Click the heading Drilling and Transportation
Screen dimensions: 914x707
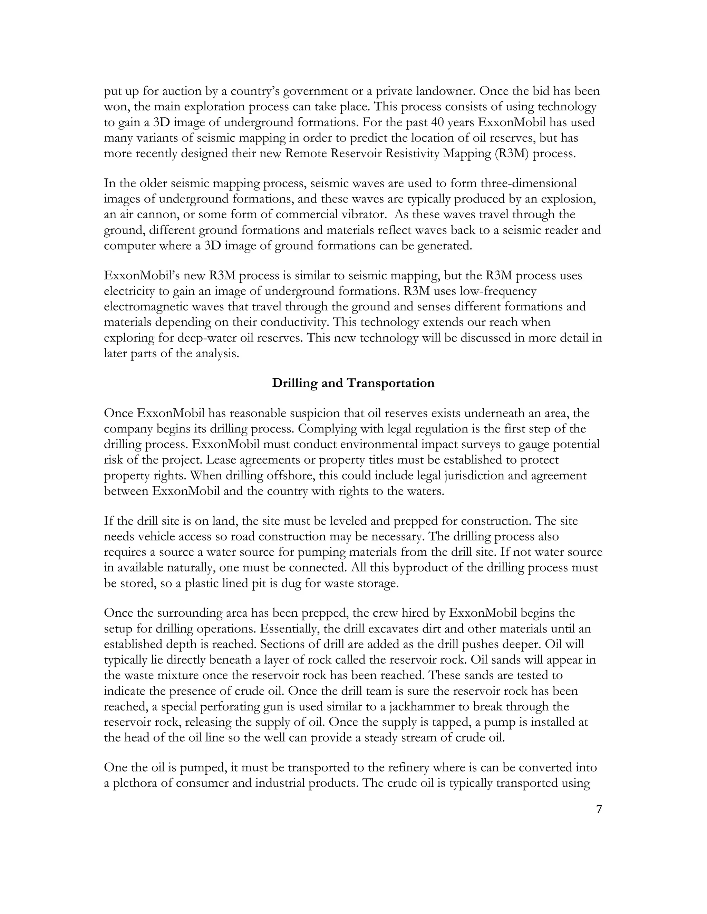point(353,383)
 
